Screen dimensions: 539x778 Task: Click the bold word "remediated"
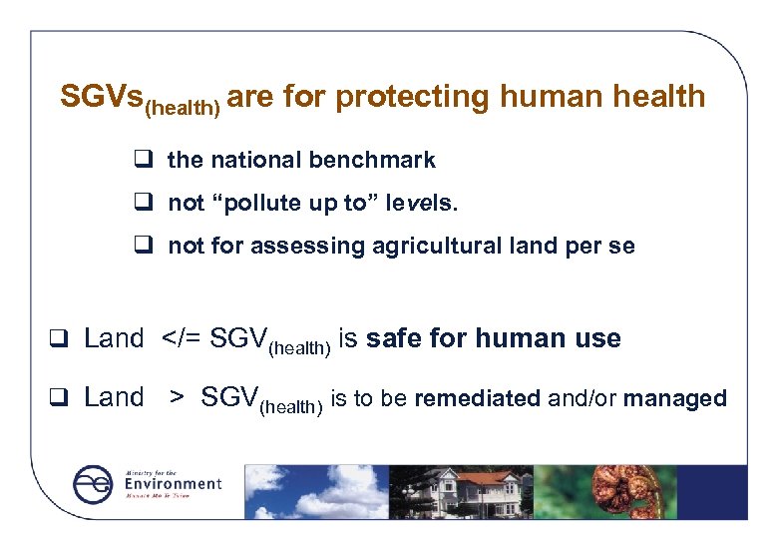(x=477, y=399)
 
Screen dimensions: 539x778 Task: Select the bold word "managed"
(x=675, y=399)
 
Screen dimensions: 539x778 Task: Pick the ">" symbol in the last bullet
(x=176, y=398)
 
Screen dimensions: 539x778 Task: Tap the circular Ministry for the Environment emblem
(x=94, y=484)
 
